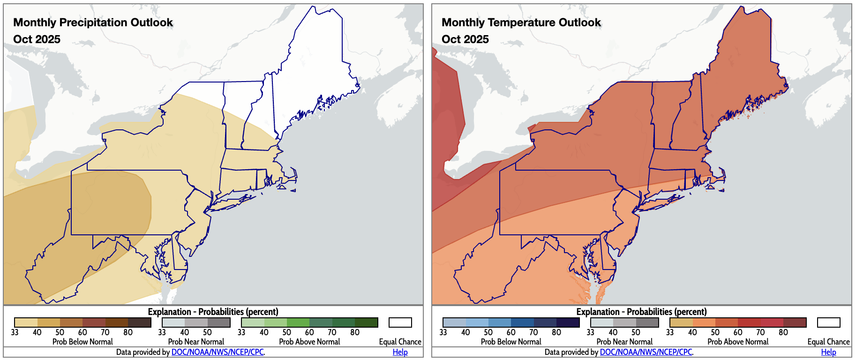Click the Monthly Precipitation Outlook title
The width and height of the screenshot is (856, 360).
click(93, 22)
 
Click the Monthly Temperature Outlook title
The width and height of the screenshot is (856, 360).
click(521, 22)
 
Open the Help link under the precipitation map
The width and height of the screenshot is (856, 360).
click(400, 352)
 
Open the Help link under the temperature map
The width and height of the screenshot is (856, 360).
click(828, 352)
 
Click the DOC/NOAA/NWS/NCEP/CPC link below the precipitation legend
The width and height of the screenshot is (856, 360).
click(218, 352)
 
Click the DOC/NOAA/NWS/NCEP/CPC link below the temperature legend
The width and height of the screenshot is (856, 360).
click(646, 352)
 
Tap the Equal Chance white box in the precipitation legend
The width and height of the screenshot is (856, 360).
click(400, 322)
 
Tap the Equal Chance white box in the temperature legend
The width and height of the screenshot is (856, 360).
click(828, 322)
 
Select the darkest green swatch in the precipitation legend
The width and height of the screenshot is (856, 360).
click(366, 322)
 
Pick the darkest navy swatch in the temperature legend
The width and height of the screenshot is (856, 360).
click(568, 322)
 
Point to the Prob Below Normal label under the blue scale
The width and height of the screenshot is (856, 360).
click(511, 342)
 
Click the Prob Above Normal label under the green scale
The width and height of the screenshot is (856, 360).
click(309, 342)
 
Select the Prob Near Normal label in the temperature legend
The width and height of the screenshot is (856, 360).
click(624, 342)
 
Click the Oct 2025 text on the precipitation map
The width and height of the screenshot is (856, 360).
click(37, 39)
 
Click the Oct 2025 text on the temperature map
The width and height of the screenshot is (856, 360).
click(465, 39)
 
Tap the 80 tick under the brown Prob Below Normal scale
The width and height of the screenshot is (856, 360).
click(128, 332)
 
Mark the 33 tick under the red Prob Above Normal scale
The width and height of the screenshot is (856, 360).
click(670, 332)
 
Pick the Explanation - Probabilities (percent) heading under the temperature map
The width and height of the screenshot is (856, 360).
click(641, 312)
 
